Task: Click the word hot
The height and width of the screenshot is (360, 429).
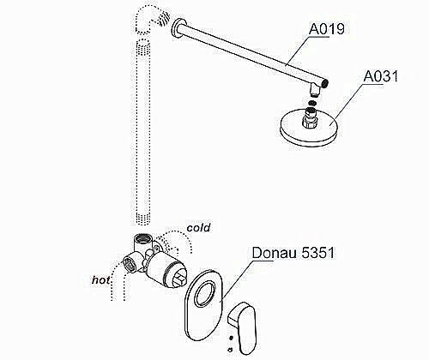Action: tap(105, 279)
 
